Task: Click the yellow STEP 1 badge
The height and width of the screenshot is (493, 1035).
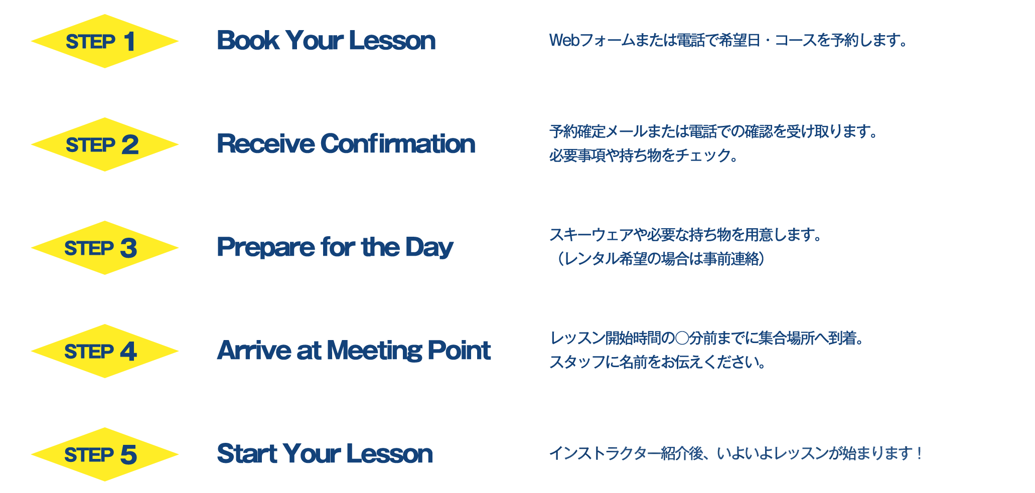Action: coord(104,41)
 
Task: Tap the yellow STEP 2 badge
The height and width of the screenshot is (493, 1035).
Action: coord(104,144)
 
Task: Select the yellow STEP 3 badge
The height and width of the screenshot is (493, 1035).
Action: coord(104,248)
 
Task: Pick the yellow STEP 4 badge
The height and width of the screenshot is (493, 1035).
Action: coord(104,351)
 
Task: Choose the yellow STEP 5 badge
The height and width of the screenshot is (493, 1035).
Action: coord(104,454)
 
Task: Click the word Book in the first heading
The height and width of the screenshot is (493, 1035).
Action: coord(248,40)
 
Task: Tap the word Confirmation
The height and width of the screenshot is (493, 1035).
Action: coord(398,143)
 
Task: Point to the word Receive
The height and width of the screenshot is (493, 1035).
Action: coord(265,143)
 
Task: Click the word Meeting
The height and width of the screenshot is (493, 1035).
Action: coord(374,350)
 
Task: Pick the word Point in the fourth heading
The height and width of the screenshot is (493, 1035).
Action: coord(459,350)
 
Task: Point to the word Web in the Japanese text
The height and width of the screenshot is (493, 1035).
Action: coord(564,40)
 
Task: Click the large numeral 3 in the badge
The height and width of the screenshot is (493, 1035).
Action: coord(128,248)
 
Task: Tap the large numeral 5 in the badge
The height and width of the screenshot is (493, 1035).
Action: coord(128,455)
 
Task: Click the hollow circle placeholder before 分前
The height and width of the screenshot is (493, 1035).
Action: coord(682,339)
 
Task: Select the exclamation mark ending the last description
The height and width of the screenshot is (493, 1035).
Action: coord(919,453)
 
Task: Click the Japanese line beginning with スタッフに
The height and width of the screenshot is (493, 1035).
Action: coord(658,362)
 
